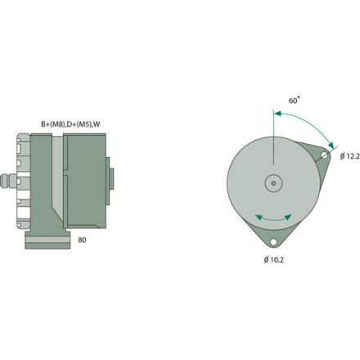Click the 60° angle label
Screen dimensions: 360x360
coord(295,99)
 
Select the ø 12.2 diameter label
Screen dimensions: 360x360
coord(347,156)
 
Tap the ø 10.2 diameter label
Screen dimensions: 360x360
coord(275,260)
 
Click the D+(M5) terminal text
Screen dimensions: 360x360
coord(79,124)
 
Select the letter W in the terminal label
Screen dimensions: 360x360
coord(97,124)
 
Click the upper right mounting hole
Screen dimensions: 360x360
coord(325,155)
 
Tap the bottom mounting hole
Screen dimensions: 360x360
coord(273,242)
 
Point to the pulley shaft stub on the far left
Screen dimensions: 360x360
coord(8,179)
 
